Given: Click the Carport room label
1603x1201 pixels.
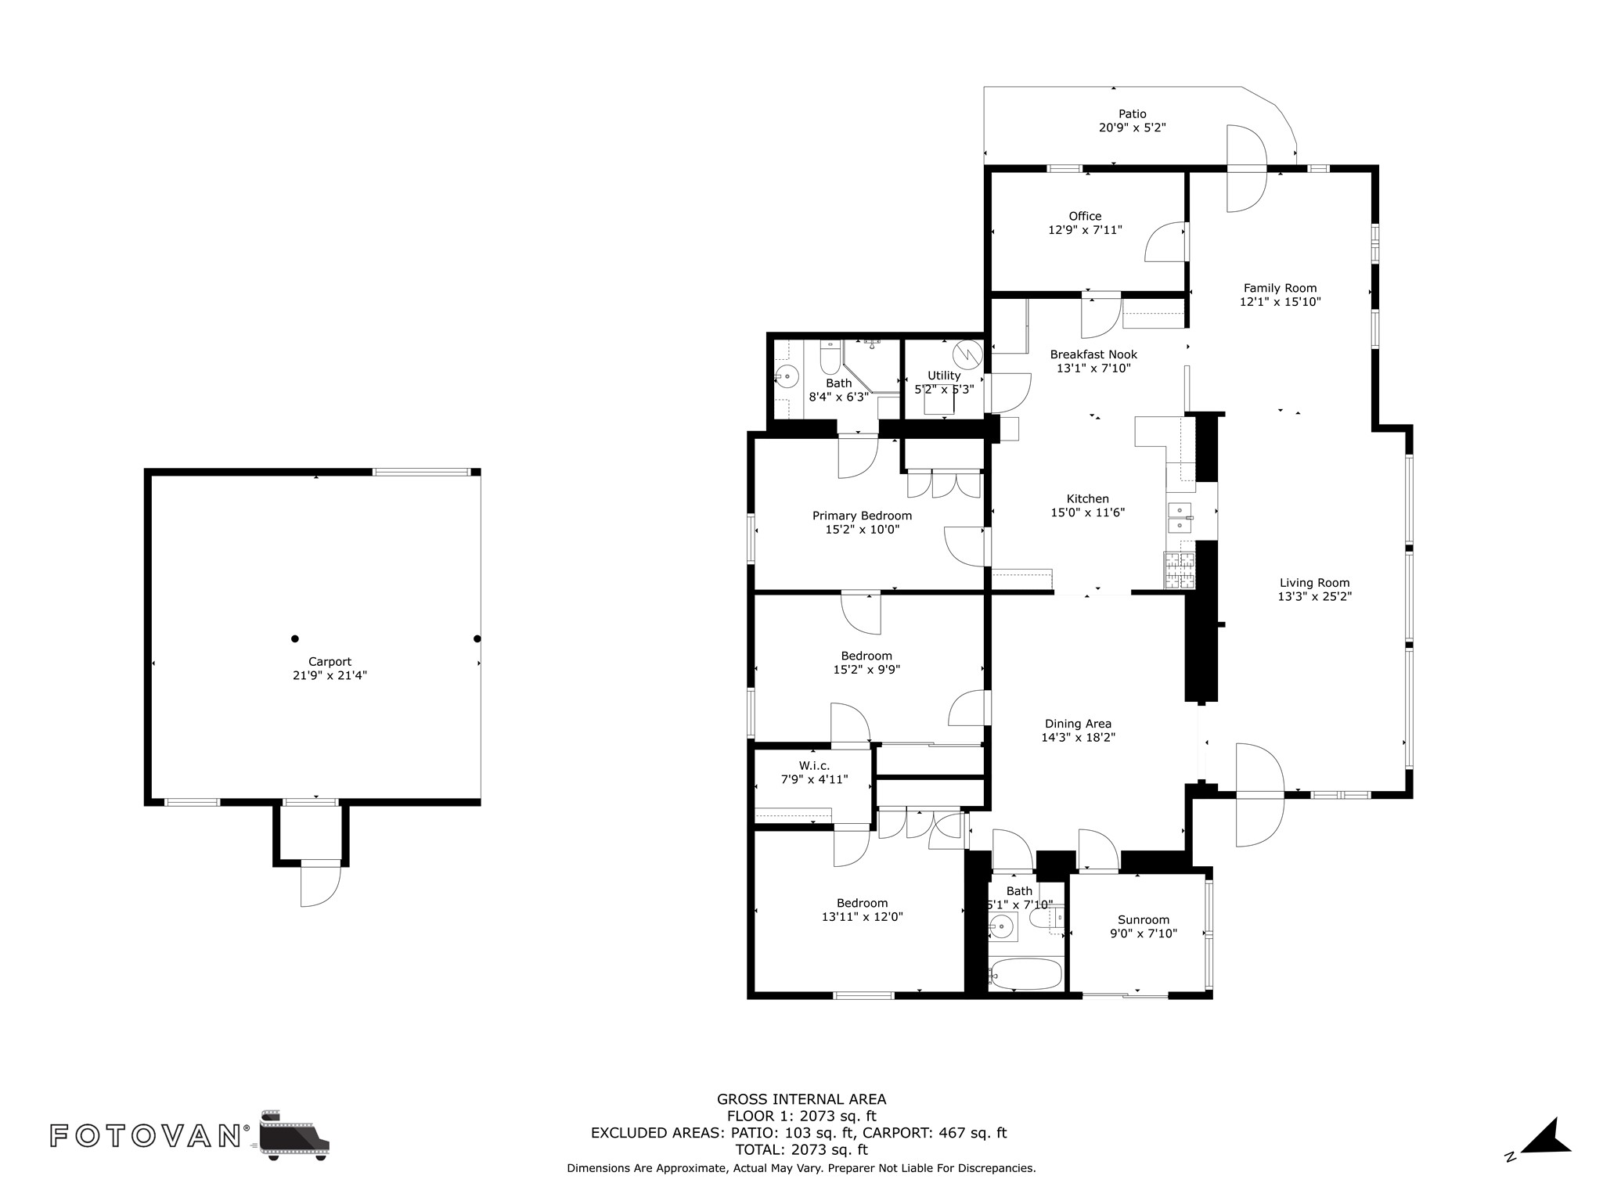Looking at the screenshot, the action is [330, 662].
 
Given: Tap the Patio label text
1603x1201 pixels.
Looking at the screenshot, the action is [1132, 114].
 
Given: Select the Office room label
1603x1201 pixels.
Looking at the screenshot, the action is [1085, 217].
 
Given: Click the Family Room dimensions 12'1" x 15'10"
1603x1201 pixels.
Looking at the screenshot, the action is [1281, 302].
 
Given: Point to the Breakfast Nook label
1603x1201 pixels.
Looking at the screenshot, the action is [1093, 354].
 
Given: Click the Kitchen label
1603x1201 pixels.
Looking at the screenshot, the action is [1088, 499].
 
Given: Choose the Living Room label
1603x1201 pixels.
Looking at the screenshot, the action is [1315, 583].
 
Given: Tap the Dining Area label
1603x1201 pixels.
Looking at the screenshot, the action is [1078, 724].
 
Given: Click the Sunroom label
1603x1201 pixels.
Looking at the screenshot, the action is [1144, 920].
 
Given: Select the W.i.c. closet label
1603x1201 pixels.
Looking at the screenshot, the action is [814, 766].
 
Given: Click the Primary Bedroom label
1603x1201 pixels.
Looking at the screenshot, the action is [862, 516].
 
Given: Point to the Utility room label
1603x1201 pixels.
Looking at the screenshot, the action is [944, 376].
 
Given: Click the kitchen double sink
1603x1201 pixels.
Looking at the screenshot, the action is [1180, 517].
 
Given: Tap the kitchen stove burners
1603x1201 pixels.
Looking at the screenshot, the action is [1180, 570].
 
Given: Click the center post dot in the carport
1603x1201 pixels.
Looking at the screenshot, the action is [295, 638].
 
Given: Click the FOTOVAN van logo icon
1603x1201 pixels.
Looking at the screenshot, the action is [294, 1134].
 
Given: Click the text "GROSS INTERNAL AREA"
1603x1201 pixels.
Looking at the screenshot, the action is [801, 1099].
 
